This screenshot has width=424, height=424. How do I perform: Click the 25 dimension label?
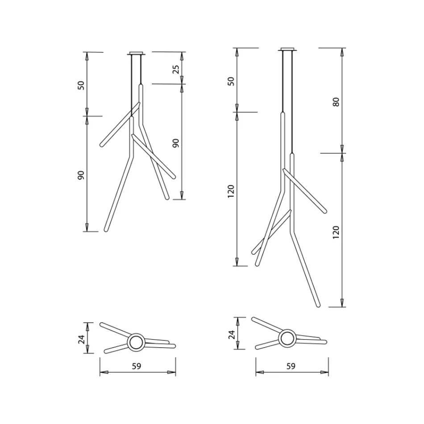[175, 69]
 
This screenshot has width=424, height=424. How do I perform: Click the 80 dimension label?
[336, 101]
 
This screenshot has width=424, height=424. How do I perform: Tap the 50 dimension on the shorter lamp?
[81, 85]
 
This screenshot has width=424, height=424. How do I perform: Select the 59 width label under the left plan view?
[137, 366]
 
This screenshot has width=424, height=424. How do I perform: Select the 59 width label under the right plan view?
[291, 366]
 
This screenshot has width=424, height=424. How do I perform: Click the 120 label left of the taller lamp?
[230, 191]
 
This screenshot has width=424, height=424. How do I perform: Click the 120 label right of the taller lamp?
[336, 231]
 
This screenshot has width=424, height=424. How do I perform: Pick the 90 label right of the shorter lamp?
[175, 143]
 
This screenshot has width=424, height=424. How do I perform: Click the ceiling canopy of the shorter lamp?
[137, 54]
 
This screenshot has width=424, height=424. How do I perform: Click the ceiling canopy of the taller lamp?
[288, 49]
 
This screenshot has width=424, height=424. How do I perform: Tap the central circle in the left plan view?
[135, 343]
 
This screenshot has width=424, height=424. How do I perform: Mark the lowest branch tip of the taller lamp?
[317, 305]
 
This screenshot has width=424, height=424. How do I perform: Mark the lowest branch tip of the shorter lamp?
[106, 229]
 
